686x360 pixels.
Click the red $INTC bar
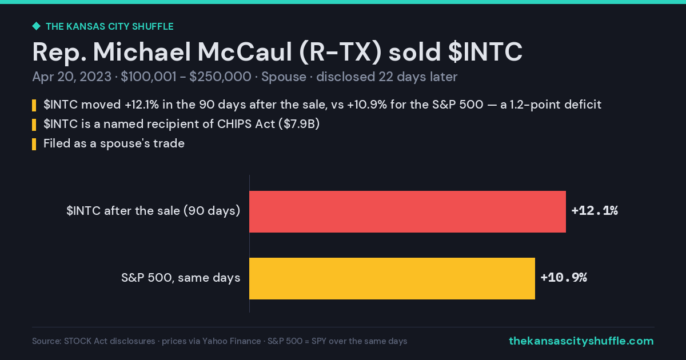[408, 211]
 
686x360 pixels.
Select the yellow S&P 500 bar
[392, 279]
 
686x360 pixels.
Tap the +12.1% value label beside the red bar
[595, 211]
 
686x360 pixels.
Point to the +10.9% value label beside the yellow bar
[564, 278]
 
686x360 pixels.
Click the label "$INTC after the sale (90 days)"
[153, 211]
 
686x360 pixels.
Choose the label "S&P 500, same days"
[181, 278]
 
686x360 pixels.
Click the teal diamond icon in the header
[37, 26]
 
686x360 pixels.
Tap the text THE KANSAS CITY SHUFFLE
[110, 27]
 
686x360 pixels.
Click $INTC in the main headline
[485, 52]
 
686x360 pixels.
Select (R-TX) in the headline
[340, 53]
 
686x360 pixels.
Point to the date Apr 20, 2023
[71, 77]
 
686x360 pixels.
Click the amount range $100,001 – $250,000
[186, 77]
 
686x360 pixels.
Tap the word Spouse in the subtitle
[284, 77]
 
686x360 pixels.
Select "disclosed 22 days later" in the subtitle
[387, 77]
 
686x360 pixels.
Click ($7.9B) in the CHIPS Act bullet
[299, 124]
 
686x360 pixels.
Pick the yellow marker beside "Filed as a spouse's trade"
[34, 144]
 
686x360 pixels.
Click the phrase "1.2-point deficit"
[555, 105]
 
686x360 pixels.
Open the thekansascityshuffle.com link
[581, 341]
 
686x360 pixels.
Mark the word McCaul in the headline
[245, 52]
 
